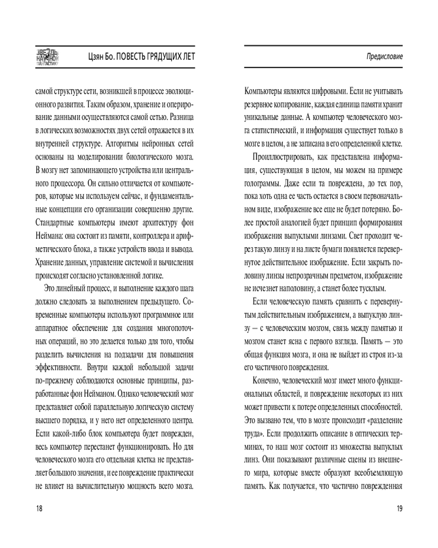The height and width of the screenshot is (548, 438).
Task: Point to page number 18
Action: [39, 509]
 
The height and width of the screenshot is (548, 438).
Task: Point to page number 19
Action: [399, 509]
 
